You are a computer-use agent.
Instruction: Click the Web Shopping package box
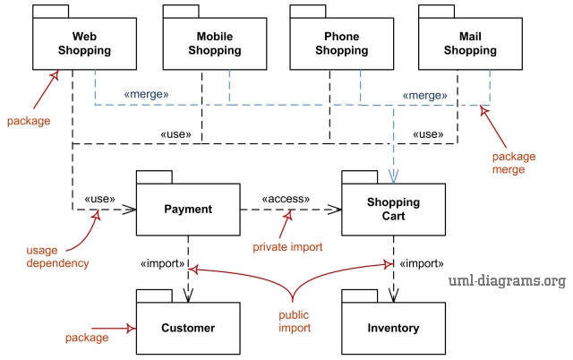coord(85,44)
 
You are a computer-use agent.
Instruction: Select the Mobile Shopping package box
coord(215,44)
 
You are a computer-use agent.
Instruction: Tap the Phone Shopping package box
coord(342,44)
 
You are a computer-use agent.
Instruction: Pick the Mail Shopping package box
coord(470,44)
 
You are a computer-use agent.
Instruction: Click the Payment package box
coord(188,210)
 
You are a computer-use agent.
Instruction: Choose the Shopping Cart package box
coord(393,210)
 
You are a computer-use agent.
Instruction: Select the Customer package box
coord(188,328)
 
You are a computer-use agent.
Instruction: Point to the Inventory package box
coord(393,328)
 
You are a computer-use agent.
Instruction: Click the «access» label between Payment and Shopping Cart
coord(286,199)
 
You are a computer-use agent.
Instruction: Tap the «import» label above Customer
coord(163,264)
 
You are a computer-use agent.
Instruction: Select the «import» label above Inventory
coord(421,264)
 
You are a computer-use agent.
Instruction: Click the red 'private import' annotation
coord(287,246)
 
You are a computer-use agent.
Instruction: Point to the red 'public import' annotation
coord(293,321)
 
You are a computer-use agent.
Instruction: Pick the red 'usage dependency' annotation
coord(57,257)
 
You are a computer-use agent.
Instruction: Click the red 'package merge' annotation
coord(513,162)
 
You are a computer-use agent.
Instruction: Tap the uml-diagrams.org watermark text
coord(507,281)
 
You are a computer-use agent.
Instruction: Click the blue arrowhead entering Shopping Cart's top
coord(393,176)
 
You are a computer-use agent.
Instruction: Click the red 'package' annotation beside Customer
coord(87,338)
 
